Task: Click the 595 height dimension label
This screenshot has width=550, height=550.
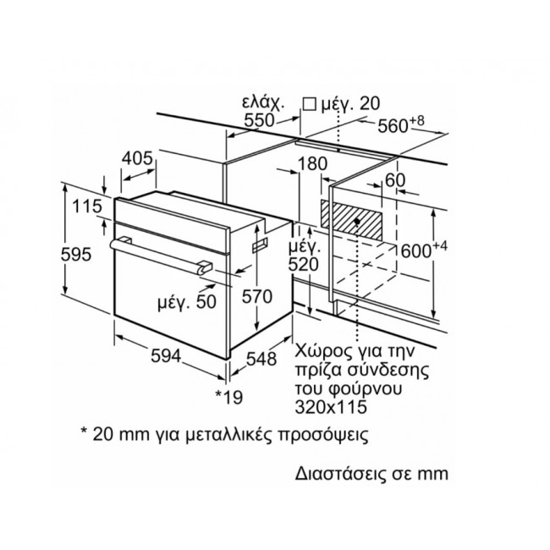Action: (76, 255)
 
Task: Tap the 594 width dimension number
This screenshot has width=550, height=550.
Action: (166, 356)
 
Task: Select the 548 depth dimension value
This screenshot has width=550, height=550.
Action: (261, 359)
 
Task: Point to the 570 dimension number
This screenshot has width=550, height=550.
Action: (257, 296)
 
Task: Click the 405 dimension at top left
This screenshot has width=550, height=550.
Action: (137, 158)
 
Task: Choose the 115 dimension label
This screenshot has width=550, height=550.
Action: (87, 206)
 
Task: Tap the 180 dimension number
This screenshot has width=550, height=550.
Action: (312, 164)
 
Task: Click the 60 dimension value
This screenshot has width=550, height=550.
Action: (395, 180)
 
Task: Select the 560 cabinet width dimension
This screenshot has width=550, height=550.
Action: (400, 125)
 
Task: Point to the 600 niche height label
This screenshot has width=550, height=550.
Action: (424, 250)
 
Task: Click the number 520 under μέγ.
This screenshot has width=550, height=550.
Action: (304, 265)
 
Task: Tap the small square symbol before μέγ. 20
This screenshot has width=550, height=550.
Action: (309, 104)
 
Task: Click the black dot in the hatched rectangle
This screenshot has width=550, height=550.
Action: (357, 222)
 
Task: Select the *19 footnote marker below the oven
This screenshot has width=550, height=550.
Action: (229, 397)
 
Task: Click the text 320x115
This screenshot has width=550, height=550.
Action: (331, 407)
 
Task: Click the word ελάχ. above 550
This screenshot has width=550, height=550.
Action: (263, 102)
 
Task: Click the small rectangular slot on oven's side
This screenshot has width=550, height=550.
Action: (260, 245)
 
